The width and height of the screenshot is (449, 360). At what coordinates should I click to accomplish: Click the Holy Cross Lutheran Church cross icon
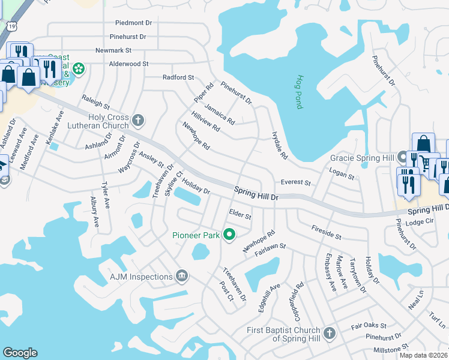pyautogui.click(x=138, y=121)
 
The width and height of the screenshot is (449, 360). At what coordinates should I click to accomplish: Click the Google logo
pyautogui.click(x=20, y=353)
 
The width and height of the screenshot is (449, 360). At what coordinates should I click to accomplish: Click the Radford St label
pyautogui.click(x=178, y=77)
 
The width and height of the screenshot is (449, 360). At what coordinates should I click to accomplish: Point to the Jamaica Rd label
pyautogui.click(x=219, y=113)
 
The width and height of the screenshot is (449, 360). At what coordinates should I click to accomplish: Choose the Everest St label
pyautogui.click(x=295, y=183)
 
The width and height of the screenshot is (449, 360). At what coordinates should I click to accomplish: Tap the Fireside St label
pyautogui.click(x=326, y=232)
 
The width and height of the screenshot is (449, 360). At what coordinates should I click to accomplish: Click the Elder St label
pyautogui.click(x=240, y=214)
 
